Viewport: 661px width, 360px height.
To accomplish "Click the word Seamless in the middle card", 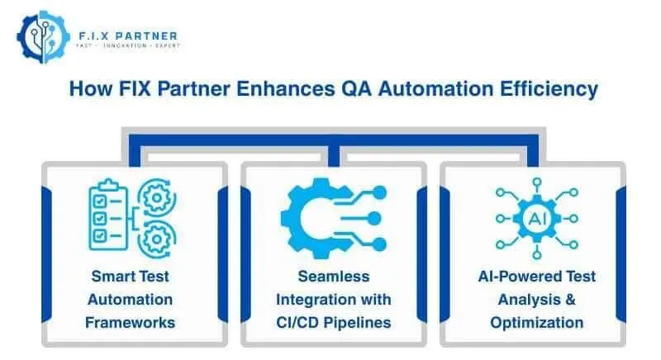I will tap(334, 276).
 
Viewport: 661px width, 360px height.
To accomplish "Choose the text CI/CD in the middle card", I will tap(302, 322).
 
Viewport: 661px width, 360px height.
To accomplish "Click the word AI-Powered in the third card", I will tap(516, 276).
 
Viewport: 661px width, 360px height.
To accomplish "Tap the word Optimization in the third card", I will tap(536, 322).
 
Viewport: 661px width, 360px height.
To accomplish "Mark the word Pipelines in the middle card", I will tap(358, 322).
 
